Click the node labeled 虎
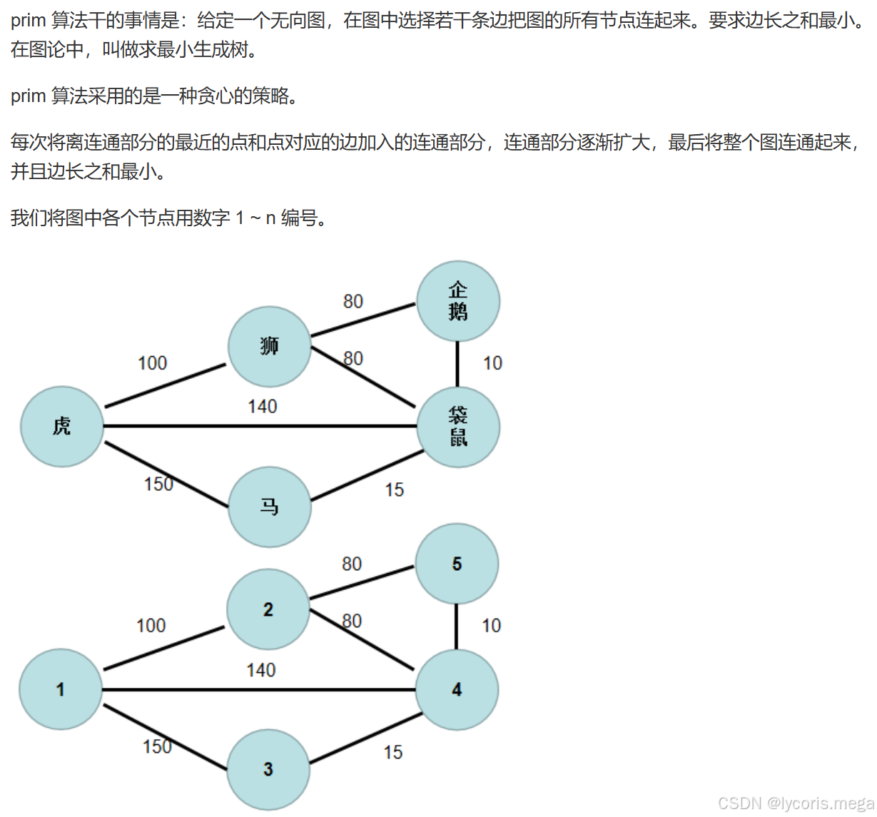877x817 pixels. pyautogui.click(x=62, y=427)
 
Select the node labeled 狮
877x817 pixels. pyautogui.click(x=269, y=347)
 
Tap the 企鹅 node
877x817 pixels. pyautogui.click(x=457, y=301)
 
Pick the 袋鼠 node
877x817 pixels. pyautogui.click(x=457, y=427)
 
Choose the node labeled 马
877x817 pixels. pyautogui.click(x=269, y=507)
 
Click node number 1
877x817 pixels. pyautogui.click(x=61, y=689)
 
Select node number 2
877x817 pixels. pyautogui.click(x=268, y=609)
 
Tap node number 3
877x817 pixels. pyautogui.click(x=268, y=769)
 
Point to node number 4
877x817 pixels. pyautogui.click(x=456, y=689)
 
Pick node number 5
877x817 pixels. pyautogui.click(x=456, y=564)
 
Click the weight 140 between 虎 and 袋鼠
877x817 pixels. pyautogui.click(x=262, y=407)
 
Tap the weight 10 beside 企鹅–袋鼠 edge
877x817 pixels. pyautogui.click(x=492, y=363)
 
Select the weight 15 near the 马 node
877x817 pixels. pyautogui.click(x=394, y=490)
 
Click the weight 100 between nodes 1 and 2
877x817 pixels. pyautogui.click(x=151, y=626)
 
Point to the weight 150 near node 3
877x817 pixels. pyautogui.click(x=157, y=746)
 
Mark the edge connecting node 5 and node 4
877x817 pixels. pyautogui.click(x=456, y=626)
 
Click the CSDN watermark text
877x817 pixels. pyautogui.click(x=796, y=803)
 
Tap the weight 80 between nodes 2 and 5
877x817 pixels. pyautogui.click(x=351, y=564)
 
